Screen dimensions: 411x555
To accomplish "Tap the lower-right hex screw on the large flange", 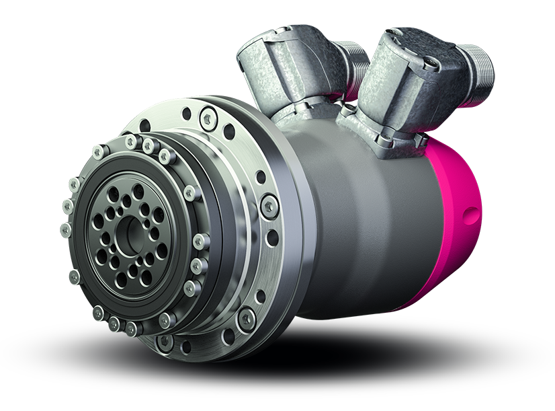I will tap(247, 315).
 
